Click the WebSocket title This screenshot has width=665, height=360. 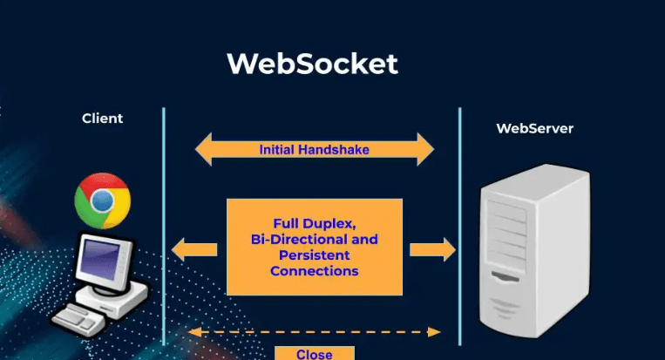(x=312, y=65)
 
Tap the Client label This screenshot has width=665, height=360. (x=103, y=119)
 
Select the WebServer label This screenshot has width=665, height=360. (x=535, y=128)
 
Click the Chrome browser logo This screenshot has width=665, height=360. (x=102, y=200)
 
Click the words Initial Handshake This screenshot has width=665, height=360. (x=314, y=150)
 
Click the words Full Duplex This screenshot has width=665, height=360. (x=314, y=221)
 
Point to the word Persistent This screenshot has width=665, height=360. (x=314, y=255)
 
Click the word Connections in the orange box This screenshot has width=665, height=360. (x=314, y=271)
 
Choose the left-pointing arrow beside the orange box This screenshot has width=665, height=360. (x=193, y=250)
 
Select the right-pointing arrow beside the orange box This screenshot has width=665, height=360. (x=433, y=250)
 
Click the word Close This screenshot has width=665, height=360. (x=314, y=354)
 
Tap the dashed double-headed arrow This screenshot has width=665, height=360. (x=314, y=331)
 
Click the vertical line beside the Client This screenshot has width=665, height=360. (x=163, y=227)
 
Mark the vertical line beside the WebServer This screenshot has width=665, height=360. (x=460, y=227)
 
